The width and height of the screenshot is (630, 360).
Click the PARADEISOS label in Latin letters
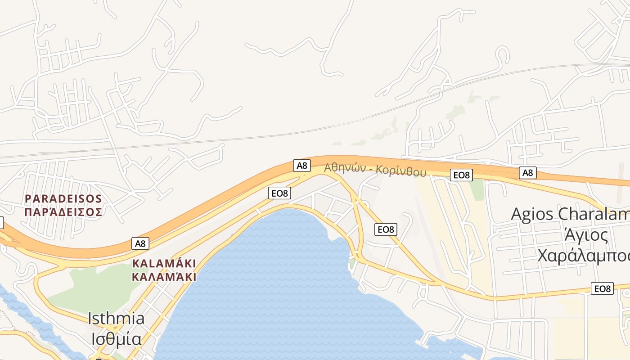pyautogui.click(x=63, y=198)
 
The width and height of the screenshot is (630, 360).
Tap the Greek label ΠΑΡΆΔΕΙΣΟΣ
pyautogui.click(x=63, y=211)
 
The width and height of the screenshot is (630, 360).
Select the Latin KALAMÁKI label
pyautogui.click(x=164, y=263)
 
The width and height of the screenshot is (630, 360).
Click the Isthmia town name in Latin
pyautogui.click(x=116, y=319)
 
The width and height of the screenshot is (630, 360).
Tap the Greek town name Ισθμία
pyautogui.click(x=116, y=338)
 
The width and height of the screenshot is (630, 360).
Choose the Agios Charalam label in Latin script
pyautogui.click(x=570, y=214)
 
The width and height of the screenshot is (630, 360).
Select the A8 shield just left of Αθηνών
pyautogui.click(x=302, y=166)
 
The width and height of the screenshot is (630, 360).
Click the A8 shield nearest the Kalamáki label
pyautogui.click(x=140, y=243)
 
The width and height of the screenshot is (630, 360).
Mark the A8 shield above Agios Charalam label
pyautogui.click(x=527, y=172)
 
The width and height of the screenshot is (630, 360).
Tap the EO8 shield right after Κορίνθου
pyautogui.click(x=461, y=175)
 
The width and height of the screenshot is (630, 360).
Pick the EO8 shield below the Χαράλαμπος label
pyautogui.click(x=602, y=288)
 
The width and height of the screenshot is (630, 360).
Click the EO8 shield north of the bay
pyautogui.click(x=279, y=193)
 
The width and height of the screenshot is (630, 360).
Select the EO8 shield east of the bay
pyautogui.click(x=386, y=229)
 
